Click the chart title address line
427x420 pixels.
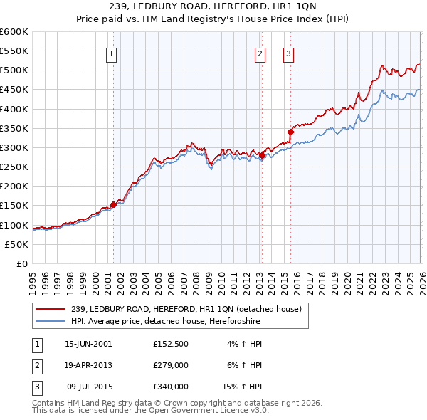[x=213, y=7]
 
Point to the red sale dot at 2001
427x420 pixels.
[x=113, y=204]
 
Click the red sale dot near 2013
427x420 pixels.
[x=261, y=155]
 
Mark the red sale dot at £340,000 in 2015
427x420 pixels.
[x=290, y=132]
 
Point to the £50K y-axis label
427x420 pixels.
[x=16, y=244]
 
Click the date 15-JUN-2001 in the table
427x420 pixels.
[x=88, y=344]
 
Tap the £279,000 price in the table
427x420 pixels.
[x=171, y=365]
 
